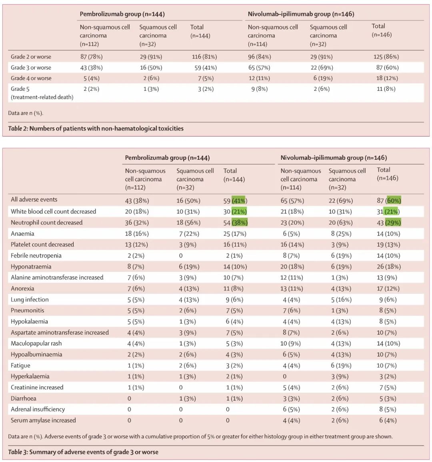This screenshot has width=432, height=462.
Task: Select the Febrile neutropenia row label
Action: tap(36, 255)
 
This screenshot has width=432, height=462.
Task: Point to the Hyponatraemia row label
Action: tap(31, 267)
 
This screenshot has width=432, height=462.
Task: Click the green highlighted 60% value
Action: tap(394, 201)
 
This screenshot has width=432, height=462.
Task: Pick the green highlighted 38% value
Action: tap(240, 223)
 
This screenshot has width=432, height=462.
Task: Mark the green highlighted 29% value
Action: tap(393, 223)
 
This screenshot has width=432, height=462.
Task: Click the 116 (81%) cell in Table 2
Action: tap(204, 57)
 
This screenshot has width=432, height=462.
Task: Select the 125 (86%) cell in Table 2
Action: tap(386, 57)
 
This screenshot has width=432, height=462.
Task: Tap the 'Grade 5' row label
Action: tap(20, 89)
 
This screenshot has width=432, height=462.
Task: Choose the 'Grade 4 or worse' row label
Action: tap(31, 78)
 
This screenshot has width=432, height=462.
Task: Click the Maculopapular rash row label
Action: tap(36, 343)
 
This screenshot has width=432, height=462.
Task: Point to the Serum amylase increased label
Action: tap(43, 420)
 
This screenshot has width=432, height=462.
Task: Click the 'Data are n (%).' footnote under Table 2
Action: tap(26, 113)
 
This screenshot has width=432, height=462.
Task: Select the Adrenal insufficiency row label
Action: tap(38, 409)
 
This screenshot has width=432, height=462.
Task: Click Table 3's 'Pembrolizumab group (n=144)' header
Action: tap(167, 158)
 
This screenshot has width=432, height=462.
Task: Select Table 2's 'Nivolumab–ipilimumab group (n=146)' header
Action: tap(301, 14)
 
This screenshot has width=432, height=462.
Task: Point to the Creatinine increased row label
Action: tap(37, 388)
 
